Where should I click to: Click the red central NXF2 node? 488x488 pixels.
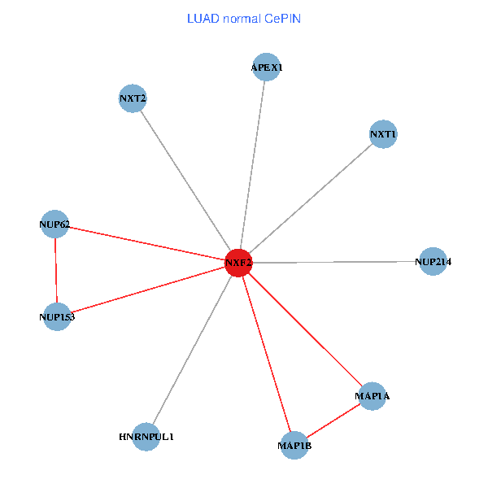[238, 263]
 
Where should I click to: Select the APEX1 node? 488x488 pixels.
[267, 67]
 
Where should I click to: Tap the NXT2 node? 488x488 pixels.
[132, 99]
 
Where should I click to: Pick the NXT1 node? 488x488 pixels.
[382, 134]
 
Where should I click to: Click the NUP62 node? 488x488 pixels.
[54, 224]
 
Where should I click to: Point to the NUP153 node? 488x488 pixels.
[57, 316]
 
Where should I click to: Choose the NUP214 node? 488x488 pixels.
[433, 262]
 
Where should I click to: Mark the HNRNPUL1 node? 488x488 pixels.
[146, 437]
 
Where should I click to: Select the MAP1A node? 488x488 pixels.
[372, 396]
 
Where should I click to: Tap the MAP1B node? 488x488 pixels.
[294, 446]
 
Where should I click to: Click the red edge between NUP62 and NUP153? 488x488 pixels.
[55, 270]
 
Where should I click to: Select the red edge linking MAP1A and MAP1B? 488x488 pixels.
[333, 420]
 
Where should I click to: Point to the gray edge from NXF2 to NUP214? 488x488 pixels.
[335, 263]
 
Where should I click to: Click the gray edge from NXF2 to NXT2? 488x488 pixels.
[185, 181]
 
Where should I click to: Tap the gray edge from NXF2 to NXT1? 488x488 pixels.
[311, 198]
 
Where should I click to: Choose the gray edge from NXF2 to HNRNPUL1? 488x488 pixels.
[193, 350]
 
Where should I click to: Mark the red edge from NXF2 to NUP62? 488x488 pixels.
[146, 243]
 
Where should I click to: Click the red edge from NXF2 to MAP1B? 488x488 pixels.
[267, 354]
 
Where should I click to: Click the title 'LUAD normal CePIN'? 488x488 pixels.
[244, 18]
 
